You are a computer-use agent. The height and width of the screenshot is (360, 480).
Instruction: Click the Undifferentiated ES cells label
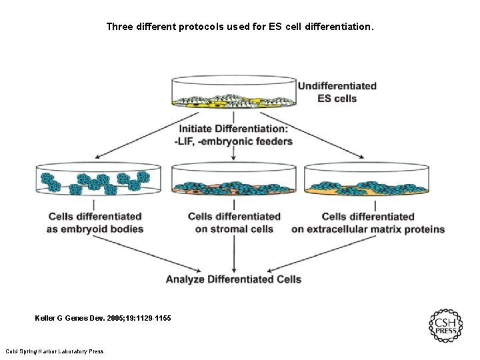(337, 92)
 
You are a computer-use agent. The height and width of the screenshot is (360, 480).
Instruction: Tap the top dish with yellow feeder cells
(233, 93)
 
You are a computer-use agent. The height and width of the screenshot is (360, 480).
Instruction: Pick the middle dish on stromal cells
(233, 180)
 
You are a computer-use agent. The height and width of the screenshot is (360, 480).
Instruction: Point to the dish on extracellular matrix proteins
(366, 180)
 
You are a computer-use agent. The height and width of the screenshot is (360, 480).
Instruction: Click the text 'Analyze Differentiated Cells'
(233, 279)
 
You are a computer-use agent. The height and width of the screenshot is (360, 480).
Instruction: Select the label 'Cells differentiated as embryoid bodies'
(95, 223)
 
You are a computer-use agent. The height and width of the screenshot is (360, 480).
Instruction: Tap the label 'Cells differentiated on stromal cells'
(234, 223)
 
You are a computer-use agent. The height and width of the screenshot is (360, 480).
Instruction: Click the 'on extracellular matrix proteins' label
(368, 229)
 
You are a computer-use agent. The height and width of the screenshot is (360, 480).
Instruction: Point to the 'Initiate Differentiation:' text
(233, 129)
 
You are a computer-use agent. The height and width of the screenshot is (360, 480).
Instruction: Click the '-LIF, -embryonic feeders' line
(233, 141)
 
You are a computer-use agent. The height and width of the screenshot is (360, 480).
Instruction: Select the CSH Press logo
(445, 326)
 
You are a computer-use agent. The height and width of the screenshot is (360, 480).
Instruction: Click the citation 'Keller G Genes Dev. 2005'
(103, 319)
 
